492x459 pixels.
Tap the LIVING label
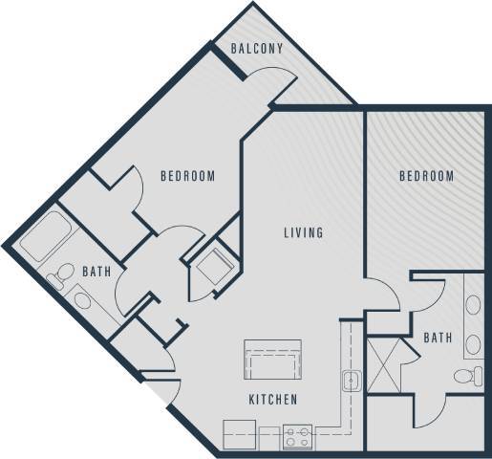[303, 232]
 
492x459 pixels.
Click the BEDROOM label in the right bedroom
[425, 177]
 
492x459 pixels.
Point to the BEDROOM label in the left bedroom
[187, 176]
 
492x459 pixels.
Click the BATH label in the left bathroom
[96, 273]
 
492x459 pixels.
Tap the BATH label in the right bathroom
[438, 338]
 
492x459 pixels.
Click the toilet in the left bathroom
[61, 275]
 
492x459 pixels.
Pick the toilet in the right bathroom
[467, 376]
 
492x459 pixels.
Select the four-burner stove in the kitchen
[298, 436]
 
